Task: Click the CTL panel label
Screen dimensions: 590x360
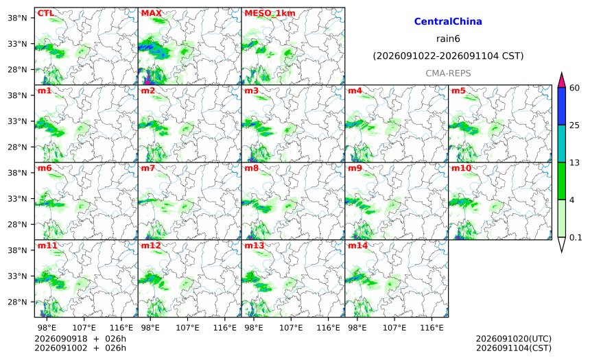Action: tap(45, 13)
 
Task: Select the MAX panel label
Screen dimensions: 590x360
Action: tap(151, 13)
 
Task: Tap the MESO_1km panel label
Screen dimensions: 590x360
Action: tap(270, 14)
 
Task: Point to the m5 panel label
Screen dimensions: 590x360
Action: tap(458, 91)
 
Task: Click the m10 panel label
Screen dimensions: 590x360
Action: tap(461, 168)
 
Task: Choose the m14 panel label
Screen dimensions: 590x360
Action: tap(357, 245)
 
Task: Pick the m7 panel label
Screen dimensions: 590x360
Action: tap(148, 168)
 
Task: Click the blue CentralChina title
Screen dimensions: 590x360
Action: tap(448, 21)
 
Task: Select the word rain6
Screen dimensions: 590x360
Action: tap(448, 39)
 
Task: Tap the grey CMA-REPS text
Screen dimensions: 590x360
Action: tap(448, 73)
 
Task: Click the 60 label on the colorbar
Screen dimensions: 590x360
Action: tap(574, 88)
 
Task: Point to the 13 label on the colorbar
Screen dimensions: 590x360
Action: tap(574, 163)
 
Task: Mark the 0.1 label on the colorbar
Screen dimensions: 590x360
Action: tap(576, 237)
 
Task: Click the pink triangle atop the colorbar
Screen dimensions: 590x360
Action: tap(561, 80)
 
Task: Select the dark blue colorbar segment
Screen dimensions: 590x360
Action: tap(561, 106)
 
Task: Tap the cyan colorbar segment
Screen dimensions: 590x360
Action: tap(561, 143)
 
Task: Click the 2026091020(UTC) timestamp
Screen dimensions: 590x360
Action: tap(514, 339)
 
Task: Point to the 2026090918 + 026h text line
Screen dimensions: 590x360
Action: tap(80, 339)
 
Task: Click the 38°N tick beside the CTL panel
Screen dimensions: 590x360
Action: tap(17, 18)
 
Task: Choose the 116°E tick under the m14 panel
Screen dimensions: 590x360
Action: tap(432, 328)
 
